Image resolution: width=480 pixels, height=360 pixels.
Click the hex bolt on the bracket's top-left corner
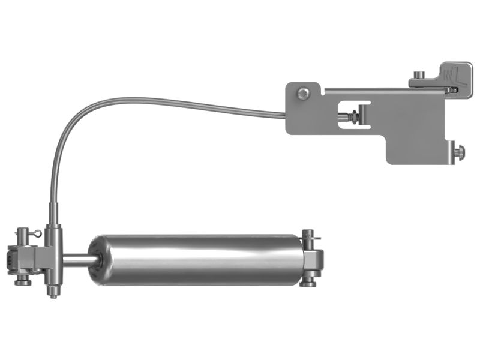[x=304, y=93]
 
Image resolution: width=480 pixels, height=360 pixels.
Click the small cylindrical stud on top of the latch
[x=420, y=74]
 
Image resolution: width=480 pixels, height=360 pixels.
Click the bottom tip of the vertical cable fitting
[x=53, y=295]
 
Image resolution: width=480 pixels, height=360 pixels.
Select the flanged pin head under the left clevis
[x=23, y=280]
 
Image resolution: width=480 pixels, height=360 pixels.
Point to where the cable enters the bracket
[x=286, y=115]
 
